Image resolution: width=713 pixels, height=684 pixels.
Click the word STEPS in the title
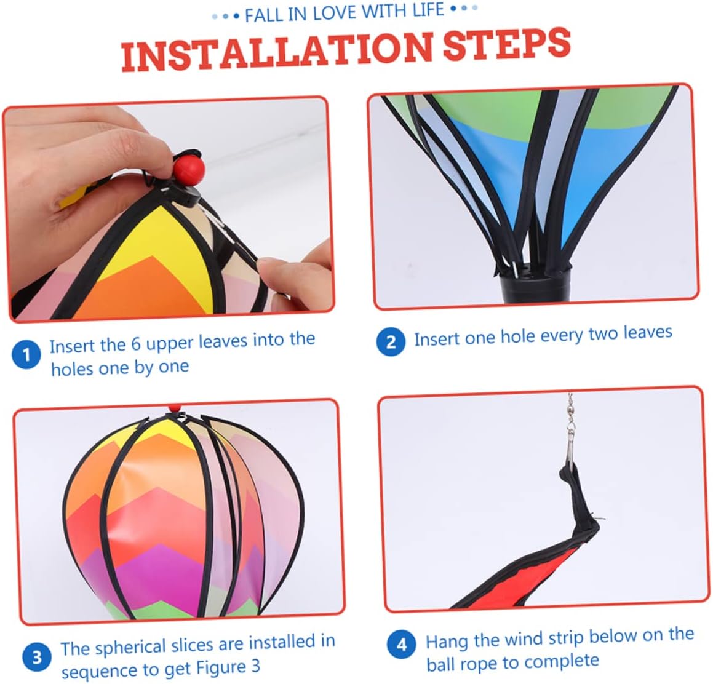pyautogui.click(x=506, y=44)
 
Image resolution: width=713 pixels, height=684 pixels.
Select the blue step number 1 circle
pyautogui.click(x=26, y=354)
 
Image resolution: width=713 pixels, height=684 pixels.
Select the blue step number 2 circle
pyautogui.click(x=391, y=341)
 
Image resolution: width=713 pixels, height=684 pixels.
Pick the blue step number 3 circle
pyautogui.click(x=37, y=657)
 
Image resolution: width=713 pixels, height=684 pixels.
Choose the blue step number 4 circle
pyautogui.click(x=402, y=645)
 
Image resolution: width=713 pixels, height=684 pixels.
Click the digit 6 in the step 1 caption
pyautogui.click(x=136, y=343)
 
